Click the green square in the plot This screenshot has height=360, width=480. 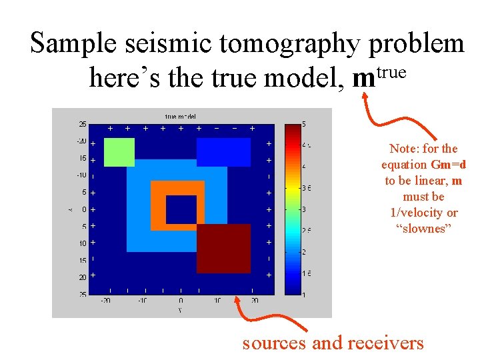[x=119, y=152]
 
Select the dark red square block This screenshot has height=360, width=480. [x=223, y=249]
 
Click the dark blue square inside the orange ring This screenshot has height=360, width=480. [x=181, y=209]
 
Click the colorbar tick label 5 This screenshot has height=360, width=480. [x=305, y=124]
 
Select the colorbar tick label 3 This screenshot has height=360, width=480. [x=305, y=209]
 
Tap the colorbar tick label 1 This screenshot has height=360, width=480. [x=305, y=294]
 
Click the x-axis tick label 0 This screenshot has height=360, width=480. [x=181, y=301]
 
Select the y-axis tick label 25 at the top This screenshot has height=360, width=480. [x=82, y=124]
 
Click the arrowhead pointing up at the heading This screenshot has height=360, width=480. [x=364, y=95]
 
